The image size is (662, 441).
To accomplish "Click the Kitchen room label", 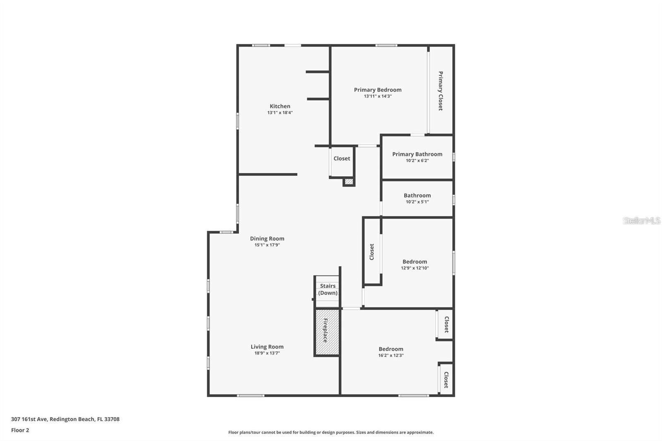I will click(x=280, y=106).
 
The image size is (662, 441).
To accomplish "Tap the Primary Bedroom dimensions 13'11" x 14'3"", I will click(x=377, y=96).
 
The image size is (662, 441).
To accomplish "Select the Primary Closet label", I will click(x=441, y=91).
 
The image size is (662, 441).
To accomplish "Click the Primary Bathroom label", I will click(x=417, y=154).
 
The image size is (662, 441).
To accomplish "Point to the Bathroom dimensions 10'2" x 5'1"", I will click(x=417, y=202).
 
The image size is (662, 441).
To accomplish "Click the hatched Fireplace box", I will click(x=327, y=332).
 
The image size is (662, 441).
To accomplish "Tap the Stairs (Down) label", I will click(x=328, y=289).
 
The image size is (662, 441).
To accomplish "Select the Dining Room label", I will click(x=267, y=239).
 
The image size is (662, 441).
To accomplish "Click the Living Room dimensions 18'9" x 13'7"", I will click(x=267, y=353).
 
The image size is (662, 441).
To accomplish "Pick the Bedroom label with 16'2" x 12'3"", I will click(x=391, y=349).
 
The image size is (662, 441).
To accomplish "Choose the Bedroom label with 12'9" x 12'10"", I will click(x=415, y=262).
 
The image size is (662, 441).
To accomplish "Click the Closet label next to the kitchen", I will click(x=342, y=158).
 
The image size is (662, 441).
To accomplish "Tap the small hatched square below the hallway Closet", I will click(x=349, y=181).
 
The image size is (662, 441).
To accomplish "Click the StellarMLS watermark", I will click(x=641, y=220).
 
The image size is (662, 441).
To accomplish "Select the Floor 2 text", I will click(x=20, y=430).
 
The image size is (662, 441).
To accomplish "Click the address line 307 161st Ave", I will click(x=65, y=419).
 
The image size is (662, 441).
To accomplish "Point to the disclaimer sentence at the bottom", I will click(x=331, y=432).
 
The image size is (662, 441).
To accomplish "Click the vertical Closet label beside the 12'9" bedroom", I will click(x=372, y=252).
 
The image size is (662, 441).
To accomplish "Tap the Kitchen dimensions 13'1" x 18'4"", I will click(x=280, y=113).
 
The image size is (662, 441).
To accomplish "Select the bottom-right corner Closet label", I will click(x=446, y=379).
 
